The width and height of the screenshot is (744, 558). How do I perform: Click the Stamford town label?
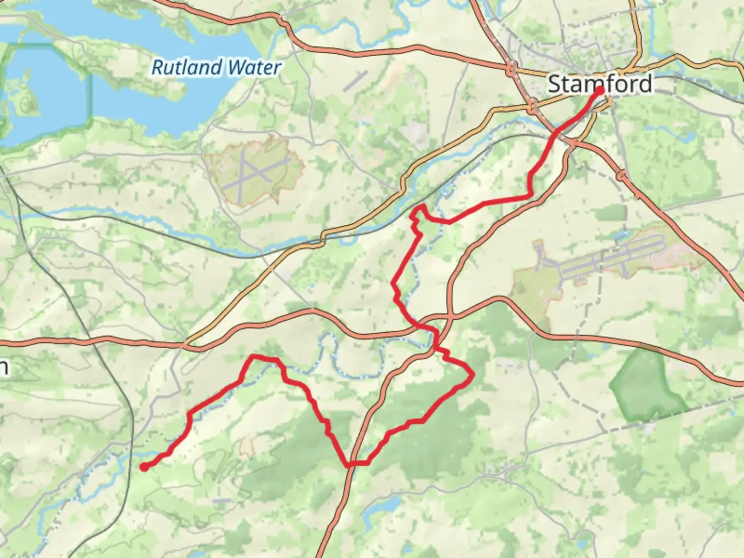point(599,84)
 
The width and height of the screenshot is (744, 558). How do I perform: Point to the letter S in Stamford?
point(554,84)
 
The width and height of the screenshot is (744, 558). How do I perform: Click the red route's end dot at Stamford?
point(600,91)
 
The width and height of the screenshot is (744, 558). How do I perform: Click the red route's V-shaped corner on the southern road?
point(349,464)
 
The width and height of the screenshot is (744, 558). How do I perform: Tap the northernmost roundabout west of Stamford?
point(512,67)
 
